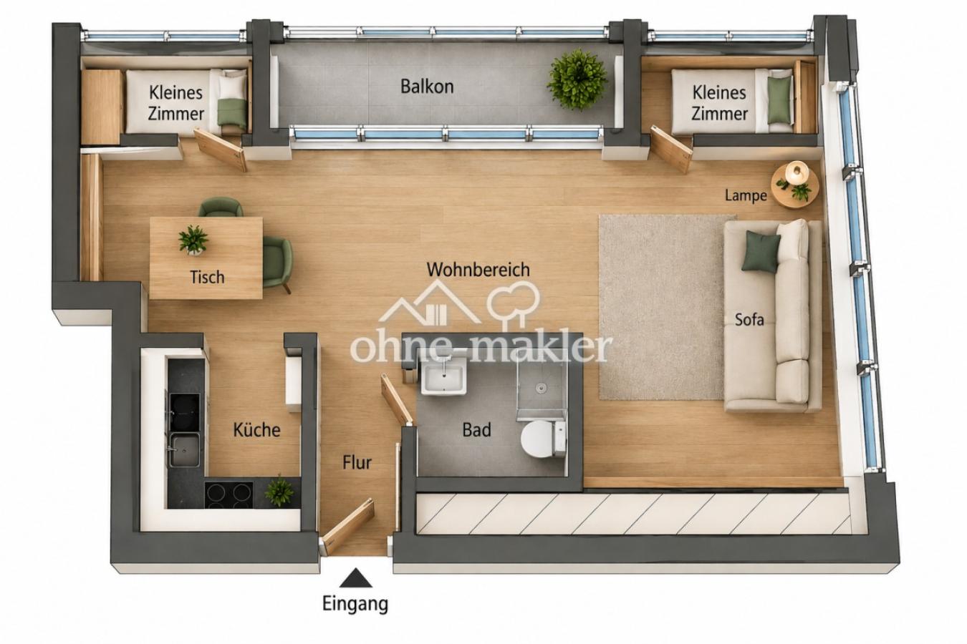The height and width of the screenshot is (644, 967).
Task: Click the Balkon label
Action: (x=427, y=87)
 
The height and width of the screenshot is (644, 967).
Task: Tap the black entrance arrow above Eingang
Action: (x=355, y=577)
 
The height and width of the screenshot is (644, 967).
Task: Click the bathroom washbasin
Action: (x=443, y=376)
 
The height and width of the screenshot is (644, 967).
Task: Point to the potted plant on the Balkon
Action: (x=577, y=80)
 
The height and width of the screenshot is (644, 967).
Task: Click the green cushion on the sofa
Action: (x=761, y=251)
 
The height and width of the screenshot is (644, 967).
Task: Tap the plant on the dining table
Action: (x=193, y=240)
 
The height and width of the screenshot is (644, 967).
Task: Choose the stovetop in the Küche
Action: (x=228, y=494)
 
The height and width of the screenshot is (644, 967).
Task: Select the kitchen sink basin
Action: (x=185, y=450)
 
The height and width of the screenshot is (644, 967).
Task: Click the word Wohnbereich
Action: (x=478, y=270)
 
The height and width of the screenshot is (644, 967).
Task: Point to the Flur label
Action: (x=357, y=463)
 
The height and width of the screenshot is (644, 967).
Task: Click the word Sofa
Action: (x=749, y=320)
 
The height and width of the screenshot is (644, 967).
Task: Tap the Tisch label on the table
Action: (x=207, y=278)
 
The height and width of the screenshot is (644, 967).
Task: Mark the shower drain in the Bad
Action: (x=542, y=387)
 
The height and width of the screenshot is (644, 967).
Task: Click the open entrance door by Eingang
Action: (x=348, y=526)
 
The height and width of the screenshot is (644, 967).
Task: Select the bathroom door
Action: (x=396, y=399)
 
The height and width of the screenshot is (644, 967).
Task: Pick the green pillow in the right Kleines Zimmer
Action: (x=779, y=99)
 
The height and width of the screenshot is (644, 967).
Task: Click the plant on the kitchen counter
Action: (x=280, y=490)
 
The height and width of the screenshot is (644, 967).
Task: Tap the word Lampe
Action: (x=746, y=196)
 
